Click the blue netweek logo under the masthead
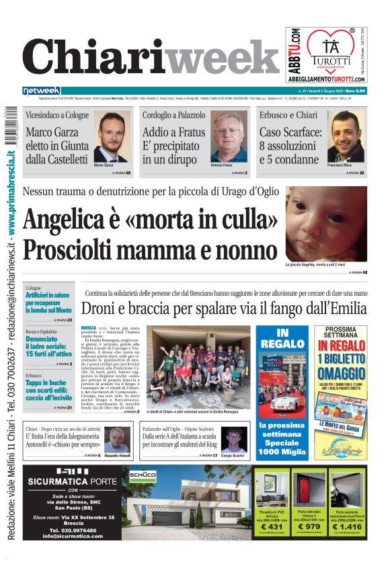(x=41, y=91)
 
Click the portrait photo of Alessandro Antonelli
(x=117, y=439)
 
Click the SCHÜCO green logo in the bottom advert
(x=142, y=475)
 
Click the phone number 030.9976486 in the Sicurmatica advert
(x=70, y=529)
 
